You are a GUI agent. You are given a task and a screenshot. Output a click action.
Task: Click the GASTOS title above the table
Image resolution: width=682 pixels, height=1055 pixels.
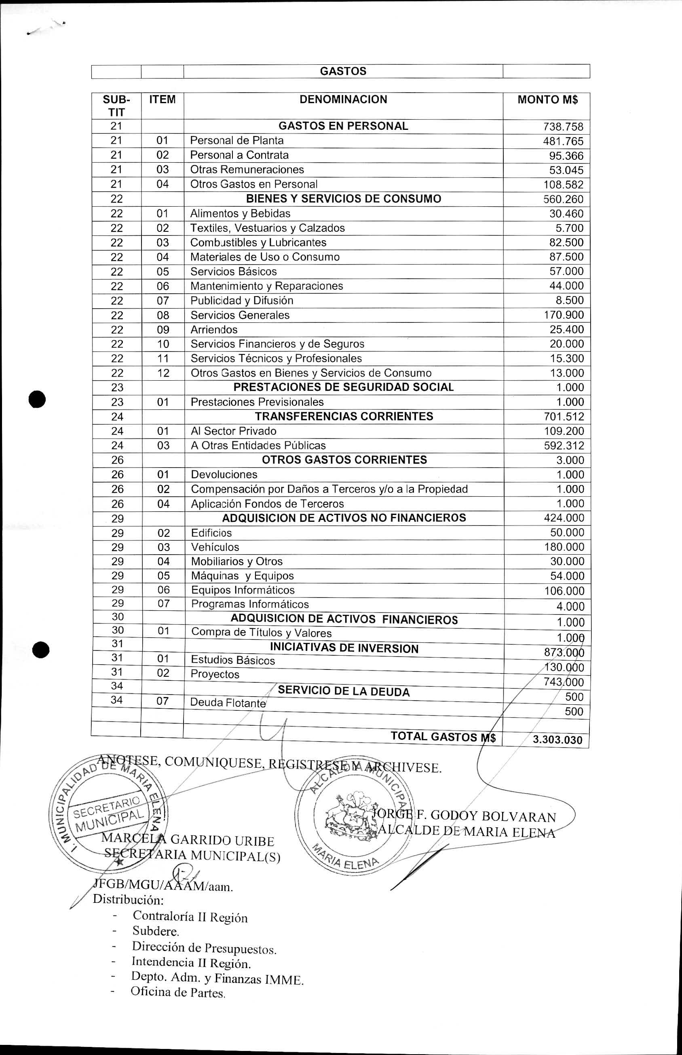343,71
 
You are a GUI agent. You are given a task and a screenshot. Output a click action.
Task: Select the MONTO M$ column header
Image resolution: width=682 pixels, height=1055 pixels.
547,100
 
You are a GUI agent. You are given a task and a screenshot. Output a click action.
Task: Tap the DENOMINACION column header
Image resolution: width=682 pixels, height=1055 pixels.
343,99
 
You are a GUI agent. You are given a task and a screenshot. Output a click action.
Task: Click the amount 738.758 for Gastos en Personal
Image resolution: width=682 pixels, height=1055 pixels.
563,127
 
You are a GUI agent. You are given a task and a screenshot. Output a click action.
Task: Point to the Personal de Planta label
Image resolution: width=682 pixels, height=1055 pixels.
236,140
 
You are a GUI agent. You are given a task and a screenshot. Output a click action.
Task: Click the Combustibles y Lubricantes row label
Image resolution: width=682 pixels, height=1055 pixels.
258,242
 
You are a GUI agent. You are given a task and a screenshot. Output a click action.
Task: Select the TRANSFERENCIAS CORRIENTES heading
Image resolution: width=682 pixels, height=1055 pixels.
344,416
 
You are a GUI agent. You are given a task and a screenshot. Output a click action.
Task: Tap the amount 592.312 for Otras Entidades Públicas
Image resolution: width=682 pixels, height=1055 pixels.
564,445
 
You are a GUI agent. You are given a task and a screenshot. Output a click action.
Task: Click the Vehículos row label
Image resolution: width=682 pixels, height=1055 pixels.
215,547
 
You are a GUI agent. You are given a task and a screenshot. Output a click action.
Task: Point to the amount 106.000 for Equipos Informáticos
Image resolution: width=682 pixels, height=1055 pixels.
564,591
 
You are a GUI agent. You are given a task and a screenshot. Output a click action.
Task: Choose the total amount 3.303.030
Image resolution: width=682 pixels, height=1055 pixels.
557,739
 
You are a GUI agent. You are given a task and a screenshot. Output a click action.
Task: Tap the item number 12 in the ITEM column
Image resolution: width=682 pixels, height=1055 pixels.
163,373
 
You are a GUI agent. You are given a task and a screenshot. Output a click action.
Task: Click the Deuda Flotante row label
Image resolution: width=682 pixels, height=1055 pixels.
228,703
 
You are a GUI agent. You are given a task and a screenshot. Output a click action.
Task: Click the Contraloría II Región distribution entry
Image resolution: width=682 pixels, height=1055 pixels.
190,917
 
